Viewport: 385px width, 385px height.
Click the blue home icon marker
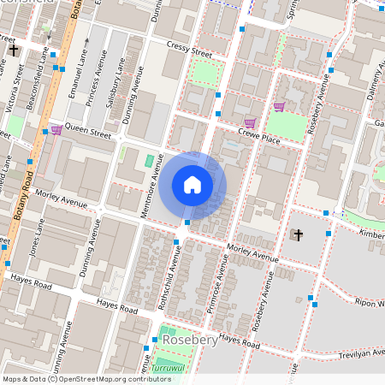(192, 185)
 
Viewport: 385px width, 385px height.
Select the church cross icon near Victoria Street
(14, 51)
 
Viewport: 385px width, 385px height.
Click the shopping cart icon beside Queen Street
(56, 130)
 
